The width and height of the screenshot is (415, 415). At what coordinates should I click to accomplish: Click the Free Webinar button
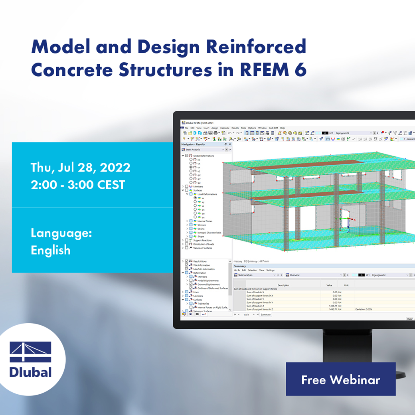pos(340,379)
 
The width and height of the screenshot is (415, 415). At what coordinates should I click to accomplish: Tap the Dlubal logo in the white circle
pos(31,360)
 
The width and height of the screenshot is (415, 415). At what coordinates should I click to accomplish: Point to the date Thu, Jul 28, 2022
pos(80,167)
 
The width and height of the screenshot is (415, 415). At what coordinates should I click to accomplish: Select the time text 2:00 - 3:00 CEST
pos(78,185)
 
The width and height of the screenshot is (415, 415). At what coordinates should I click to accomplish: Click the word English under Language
pos(51,250)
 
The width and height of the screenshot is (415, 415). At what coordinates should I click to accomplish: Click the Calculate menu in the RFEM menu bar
pos(225,128)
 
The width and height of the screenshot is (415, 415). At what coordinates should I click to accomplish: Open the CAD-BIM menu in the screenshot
pos(273,128)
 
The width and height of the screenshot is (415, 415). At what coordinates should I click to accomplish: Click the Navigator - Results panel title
pos(193,144)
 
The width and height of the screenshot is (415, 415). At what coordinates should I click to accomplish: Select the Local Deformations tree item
pos(207,194)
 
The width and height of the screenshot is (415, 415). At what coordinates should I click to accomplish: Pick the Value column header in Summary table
pos(329,285)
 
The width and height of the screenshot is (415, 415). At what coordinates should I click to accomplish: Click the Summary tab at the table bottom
pos(266,314)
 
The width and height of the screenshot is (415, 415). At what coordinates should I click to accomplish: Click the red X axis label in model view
pos(354,219)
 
